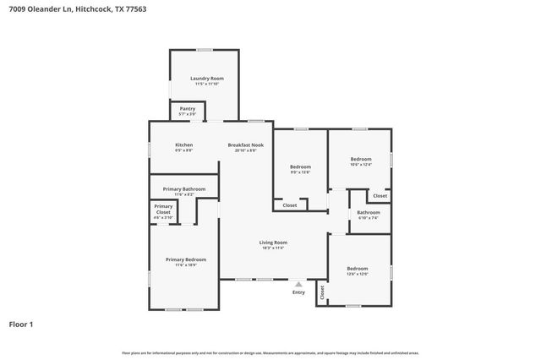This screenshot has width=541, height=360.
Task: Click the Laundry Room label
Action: click(206, 78)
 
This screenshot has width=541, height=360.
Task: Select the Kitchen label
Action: click(183, 145)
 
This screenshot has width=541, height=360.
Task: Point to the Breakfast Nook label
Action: click(246, 145)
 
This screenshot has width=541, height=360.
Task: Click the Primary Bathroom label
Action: click(184, 188)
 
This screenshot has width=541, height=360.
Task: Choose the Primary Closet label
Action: click(163, 209)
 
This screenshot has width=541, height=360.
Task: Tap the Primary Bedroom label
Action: click(185, 259)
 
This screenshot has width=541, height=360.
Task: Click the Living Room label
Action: click(273, 243)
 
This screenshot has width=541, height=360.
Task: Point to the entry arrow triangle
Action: click(298, 284)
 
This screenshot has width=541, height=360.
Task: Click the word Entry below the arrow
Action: click(298, 292)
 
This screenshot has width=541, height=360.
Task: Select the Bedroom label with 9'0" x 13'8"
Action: click(300, 166)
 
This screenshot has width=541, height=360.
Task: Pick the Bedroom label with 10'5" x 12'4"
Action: click(361, 159)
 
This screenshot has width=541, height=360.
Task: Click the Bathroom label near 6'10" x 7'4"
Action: click(369, 212)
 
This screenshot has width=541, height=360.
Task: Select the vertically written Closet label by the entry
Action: click(321, 292)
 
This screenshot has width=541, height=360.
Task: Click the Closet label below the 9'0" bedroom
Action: click(289, 205)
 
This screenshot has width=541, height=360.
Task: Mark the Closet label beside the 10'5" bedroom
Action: click(380, 195)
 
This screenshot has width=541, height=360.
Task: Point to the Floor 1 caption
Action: click(21, 324)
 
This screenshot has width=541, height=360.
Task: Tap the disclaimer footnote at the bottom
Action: click(270, 352)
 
